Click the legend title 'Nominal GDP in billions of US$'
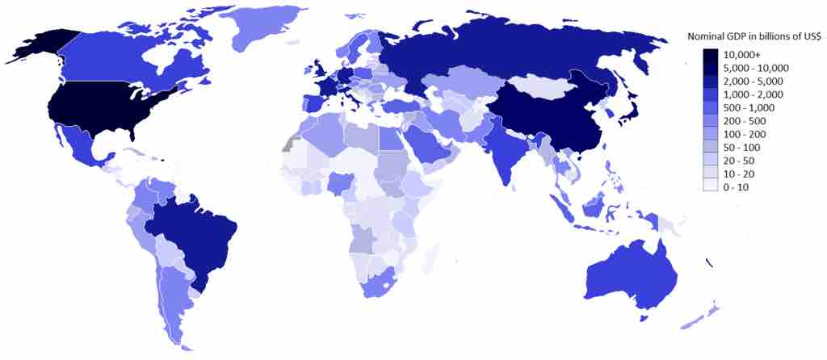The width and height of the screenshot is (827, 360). pyautogui.click(x=754, y=36)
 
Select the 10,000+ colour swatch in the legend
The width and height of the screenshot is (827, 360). pyautogui.click(x=710, y=55)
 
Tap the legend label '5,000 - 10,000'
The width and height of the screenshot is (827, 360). pyautogui.click(x=756, y=68)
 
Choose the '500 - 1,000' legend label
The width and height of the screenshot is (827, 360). pyautogui.click(x=750, y=107)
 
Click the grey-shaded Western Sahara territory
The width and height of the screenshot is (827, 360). pyautogui.click(x=287, y=144)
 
